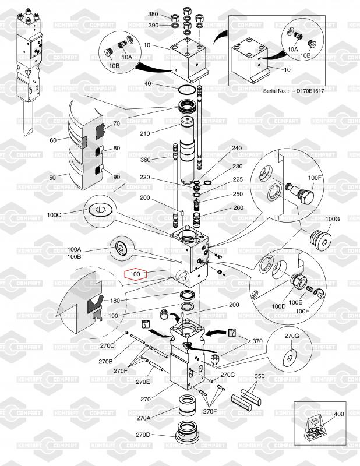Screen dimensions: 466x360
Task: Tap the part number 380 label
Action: pyautogui.click(x=153, y=14)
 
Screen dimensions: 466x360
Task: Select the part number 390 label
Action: pyautogui.click(x=153, y=26)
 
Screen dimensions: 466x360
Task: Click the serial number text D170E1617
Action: pyautogui.click(x=293, y=91)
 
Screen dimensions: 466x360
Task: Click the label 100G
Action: pyautogui.click(x=332, y=219)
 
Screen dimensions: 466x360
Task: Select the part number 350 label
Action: pyautogui.click(x=259, y=376)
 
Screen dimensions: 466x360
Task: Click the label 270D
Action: pyautogui.click(x=143, y=435)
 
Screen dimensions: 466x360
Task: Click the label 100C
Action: pyautogui.click(x=54, y=214)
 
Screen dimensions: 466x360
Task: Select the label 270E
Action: pyautogui.click(x=143, y=382)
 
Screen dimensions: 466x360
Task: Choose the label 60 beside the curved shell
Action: pyautogui.click(x=53, y=140)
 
